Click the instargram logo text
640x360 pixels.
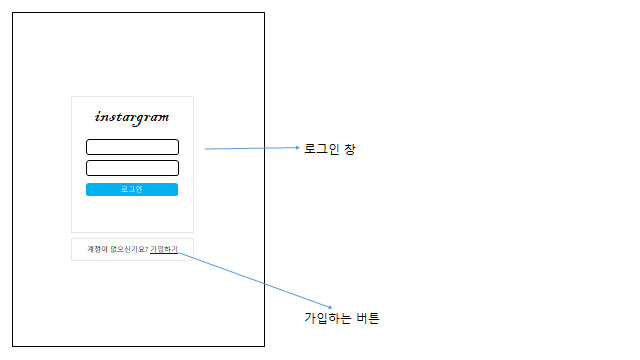132,117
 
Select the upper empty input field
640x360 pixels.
132,147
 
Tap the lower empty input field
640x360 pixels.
132,168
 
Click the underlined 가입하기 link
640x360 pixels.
164,249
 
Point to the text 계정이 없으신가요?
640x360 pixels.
117,249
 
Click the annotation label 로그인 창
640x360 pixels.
329,150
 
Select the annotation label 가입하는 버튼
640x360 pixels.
342,318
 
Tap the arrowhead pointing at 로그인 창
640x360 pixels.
297,148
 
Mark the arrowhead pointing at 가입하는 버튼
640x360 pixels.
330,307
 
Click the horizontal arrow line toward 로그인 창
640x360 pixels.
250,149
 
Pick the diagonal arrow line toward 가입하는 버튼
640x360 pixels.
255,279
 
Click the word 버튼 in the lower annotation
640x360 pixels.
368,318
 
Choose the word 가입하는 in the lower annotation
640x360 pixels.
328,318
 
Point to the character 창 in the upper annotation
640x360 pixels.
349,150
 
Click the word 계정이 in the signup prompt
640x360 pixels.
98,249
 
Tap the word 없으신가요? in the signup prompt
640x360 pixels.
128,249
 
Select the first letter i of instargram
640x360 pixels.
97,116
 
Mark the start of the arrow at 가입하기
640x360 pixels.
179,252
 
